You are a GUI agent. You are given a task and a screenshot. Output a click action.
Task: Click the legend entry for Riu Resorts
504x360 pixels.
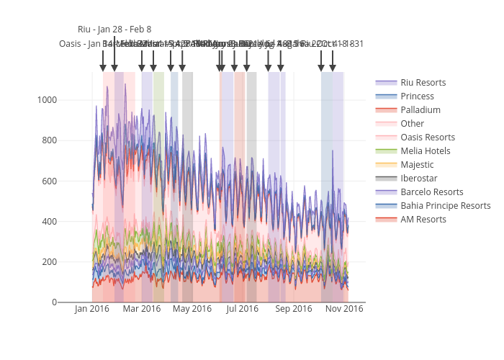tap(423, 83)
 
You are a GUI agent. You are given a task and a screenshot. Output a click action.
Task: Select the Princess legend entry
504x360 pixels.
tap(418, 96)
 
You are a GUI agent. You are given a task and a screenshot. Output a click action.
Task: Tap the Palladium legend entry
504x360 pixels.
tap(420, 110)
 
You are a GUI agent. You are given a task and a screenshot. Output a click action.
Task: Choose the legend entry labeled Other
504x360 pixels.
tap(413, 124)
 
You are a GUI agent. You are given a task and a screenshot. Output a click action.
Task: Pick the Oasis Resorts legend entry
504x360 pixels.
tap(428, 138)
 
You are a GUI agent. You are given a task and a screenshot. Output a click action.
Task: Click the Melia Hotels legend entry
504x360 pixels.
tap(426, 151)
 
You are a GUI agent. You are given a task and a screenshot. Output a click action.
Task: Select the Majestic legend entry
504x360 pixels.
tap(418, 165)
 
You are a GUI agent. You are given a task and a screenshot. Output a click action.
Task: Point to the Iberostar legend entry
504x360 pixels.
tap(419, 179)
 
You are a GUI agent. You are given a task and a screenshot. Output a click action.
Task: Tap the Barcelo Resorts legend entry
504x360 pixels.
tap(432, 192)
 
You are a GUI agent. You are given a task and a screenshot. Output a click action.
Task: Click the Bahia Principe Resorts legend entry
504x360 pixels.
tap(446, 206)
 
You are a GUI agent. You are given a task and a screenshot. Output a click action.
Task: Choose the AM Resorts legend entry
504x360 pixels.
tap(423, 220)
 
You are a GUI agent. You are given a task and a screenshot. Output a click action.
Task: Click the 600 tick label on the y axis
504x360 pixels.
tap(49, 181)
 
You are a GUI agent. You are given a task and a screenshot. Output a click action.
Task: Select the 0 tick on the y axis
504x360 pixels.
tap(54, 302)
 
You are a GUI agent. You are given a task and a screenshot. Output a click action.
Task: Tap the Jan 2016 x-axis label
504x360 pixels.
tap(91, 310)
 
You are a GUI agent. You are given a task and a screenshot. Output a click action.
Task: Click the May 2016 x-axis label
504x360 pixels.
tap(192, 310)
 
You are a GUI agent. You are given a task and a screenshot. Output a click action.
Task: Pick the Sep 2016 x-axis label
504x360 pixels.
tap(294, 310)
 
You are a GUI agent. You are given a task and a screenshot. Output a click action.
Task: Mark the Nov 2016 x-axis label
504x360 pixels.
tap(344, 310)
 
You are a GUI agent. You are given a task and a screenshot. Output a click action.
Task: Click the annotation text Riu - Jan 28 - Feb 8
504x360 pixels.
tap(114, 30)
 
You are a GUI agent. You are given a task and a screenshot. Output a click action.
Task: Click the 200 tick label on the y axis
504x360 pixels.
tap(49, 262)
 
